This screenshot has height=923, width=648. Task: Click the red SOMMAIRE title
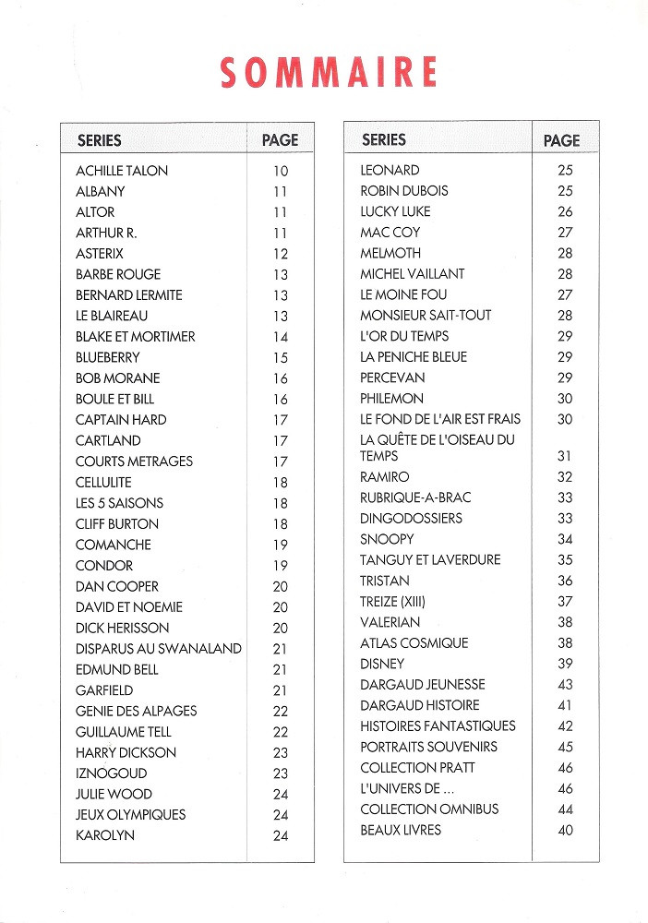pyautogui.click(x=329, y=73)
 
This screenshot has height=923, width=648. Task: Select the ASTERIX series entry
pyautogui.click(x=100, y=254)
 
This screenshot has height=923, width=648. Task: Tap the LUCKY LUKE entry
pyautogui.click(x=395, y=211)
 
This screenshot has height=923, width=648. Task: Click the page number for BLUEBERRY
pyautogui.click(x=281, y=358)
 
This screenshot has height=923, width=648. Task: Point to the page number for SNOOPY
pyautogui.click(x=565, y=539)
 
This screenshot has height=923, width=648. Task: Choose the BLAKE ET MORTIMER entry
pyautogui.click(x=136, y=337)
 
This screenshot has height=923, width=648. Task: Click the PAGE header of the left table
pyautogui.click(x=281, y=140)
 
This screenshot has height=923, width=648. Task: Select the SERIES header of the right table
pyautogui.click(x=384, y=139)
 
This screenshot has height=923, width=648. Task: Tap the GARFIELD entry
pyautogui.click(x=104, y=690)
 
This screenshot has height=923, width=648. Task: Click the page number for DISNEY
pyautogui.click(x=565, y=664)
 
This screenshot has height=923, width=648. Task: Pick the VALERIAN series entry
pyautogui.click(x=390, y=622)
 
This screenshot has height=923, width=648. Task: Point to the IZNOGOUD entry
pyautogui.click(x=111, y=773)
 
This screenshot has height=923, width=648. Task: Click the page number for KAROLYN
pyautogui.click(x=281, y=836)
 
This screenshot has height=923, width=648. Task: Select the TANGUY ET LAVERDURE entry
pyautogui.click(x=430, y=559)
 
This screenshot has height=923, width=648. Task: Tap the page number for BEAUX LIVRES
pyautogui.click(x=565, y=831)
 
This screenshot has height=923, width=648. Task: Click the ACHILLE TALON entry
pyautogui.click(x=122, y=171)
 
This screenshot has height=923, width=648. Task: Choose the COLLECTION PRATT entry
pyautogui.click(x=417, y=768)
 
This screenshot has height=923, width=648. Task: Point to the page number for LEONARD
pyautogui.click(x=565, y=171)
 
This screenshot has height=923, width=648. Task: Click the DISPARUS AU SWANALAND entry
pyautogui.click(x=159, y=649)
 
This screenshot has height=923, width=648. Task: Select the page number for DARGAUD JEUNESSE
pyautogui.click(x=565, y=685)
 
